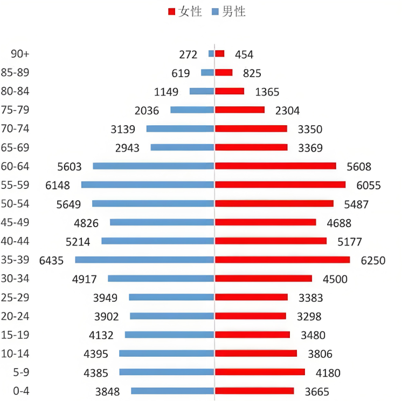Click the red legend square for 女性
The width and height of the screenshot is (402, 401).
click(x=172, y=12)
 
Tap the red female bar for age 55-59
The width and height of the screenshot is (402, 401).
click(x=280, y=185)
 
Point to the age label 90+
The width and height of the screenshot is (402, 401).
click(x=20, y=54)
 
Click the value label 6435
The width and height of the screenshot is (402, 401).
click(x=51, y=260)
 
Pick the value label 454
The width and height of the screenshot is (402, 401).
click(x=244, y=55)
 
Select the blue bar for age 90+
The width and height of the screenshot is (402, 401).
click(x=211, y=53)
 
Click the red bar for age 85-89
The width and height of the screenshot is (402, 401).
click(x=224, y=72)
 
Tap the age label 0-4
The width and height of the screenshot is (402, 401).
click(x=20, y=391)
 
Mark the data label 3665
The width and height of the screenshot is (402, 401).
click(x=316, y=392)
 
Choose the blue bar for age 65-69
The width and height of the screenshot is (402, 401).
click(x=182, y=147)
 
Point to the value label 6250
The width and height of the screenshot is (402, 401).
click(x=373, y=260)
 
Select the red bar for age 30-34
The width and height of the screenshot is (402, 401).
click(x=264, y=278)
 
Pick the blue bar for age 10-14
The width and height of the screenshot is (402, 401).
click(x=167, y=354)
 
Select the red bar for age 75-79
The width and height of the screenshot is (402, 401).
click(x=240, y=110)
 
